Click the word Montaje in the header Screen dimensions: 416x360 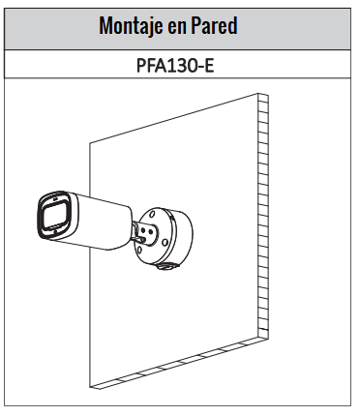(131, 26)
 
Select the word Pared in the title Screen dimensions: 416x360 (215, 26)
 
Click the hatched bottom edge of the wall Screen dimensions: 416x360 (174, 368)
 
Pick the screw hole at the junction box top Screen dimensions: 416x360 (155, 206)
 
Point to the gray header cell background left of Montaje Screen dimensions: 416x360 (48, 26)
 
